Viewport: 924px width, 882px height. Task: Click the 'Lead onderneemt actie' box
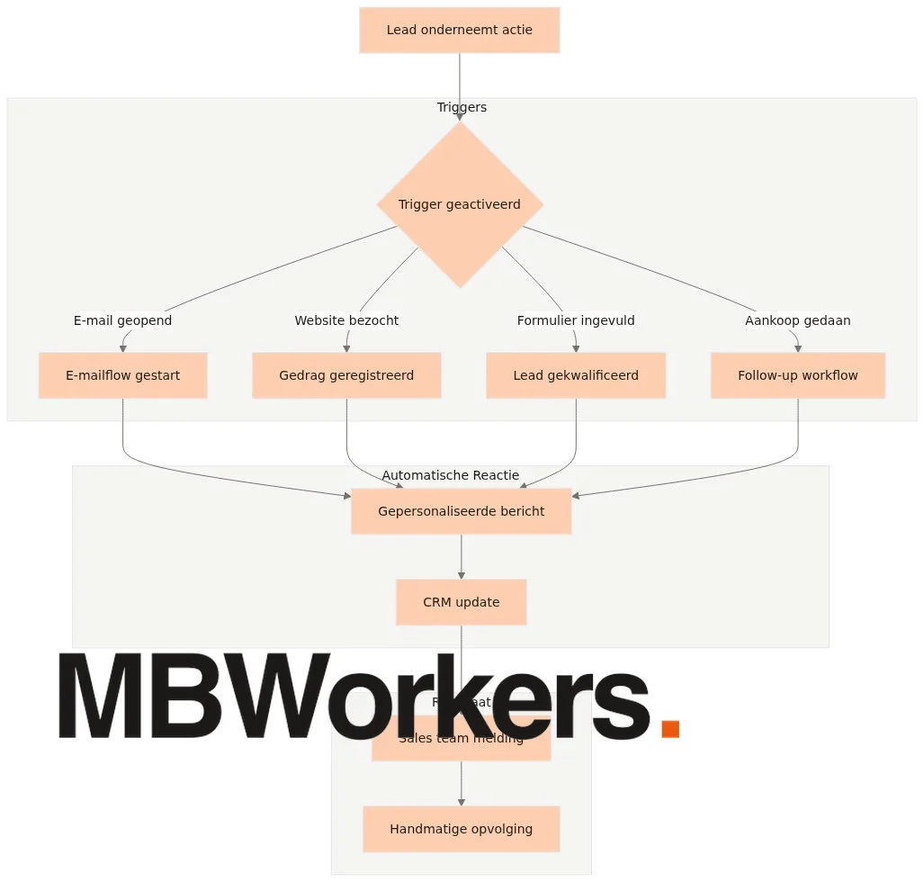459,30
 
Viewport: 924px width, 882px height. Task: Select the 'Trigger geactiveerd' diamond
460,204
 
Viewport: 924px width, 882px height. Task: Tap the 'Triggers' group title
462,107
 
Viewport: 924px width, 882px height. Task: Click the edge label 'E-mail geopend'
122,320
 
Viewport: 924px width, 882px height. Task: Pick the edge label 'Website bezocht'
346,320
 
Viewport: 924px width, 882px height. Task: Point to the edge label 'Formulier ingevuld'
576,320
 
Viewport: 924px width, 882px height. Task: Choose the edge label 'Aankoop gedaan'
797,320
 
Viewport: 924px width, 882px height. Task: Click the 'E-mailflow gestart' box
122,375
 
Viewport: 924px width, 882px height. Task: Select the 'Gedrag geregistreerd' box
346,375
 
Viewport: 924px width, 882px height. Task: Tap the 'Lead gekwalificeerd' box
576,375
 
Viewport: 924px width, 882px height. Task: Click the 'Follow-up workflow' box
797,375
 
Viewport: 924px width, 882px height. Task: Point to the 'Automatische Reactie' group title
450,475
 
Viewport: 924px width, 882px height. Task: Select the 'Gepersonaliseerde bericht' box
461,511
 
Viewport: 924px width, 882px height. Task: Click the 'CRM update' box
461,602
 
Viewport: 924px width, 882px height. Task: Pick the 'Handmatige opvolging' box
461,829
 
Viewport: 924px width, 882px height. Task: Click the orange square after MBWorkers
669,728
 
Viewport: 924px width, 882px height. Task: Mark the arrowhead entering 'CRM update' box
462,574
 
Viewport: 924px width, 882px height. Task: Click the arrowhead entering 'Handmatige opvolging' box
462,801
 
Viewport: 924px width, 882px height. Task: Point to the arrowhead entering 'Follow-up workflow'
798,348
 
